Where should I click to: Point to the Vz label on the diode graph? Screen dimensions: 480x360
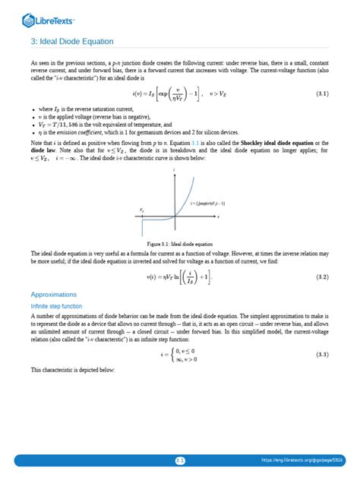[142, 208]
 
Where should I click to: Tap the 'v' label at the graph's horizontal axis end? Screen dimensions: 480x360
[217, 216]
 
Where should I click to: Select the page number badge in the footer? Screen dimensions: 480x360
[180, 459]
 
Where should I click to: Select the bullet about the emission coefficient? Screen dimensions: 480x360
[126, 131]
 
